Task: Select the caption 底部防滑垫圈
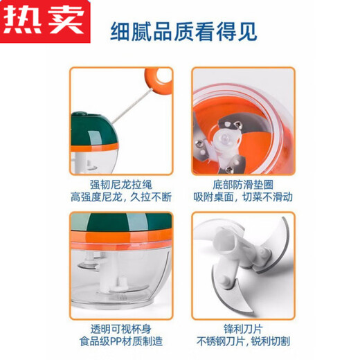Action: (242, 183)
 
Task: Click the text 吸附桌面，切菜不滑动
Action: (242, 197)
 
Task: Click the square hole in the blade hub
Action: (231, 245)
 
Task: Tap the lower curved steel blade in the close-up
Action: (249, 298)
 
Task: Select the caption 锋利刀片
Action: (242, 329)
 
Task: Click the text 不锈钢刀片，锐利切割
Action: (242, 342)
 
